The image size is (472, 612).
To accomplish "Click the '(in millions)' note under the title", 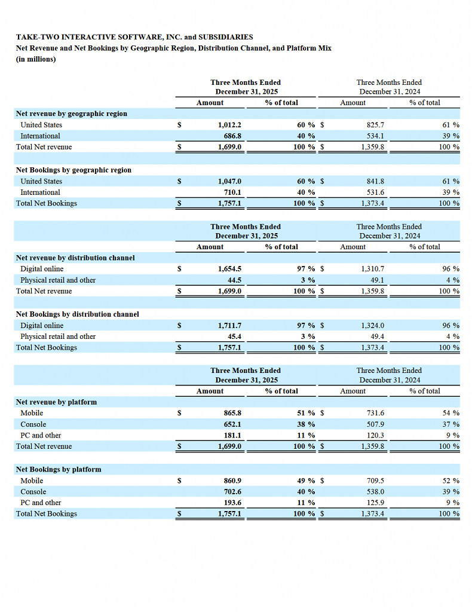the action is pyautogui.click(x=36, y=59).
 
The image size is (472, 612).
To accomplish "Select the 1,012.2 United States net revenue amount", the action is pyautogui.click(x=229, y=125).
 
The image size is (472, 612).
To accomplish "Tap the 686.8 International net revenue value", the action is pyautogui.click(x=232, y=136).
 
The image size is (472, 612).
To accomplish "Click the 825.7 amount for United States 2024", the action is pyautogui.click(x=375, y=125).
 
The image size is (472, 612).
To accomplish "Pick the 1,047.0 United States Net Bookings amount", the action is pyautogui.click(x=229, y=181).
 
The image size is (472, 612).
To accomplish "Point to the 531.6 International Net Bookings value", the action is pyautogui.click(x=375, y=192).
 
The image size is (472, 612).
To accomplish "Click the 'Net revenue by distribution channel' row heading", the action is pyautogui.click(x=75, y=258).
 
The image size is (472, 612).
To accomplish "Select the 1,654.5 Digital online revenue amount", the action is pyautogui.click(x=229, y=269).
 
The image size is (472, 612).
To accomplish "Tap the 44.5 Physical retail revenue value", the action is pyautogui.click(x=234, y=280).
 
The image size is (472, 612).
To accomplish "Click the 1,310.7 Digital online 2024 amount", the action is pyautogui.click(x=373, y=269).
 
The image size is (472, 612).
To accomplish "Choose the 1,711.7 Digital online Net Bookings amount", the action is pyautogui.click(x=229, y=326).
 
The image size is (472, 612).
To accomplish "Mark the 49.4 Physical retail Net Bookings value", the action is pyautogui.click(x=377, y=336).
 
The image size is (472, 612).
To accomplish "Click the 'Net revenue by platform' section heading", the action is pyautogui.click(x=57, y=402).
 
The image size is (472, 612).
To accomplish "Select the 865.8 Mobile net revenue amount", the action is pyautogui.click(x=232, y=413).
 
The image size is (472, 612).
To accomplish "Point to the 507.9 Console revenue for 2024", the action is pyautogui.click(x=375, y=424).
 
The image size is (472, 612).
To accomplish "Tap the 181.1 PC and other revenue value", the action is pyautogui.click(x=232, y=435).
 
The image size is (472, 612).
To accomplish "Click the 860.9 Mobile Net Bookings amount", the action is pyautogui.click(x=232, y=481).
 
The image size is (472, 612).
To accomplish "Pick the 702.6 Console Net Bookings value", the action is pyautogui.click(x=232, y=492).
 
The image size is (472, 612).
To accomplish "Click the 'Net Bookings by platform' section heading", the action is pyautogui.click(x=59, y=470).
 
